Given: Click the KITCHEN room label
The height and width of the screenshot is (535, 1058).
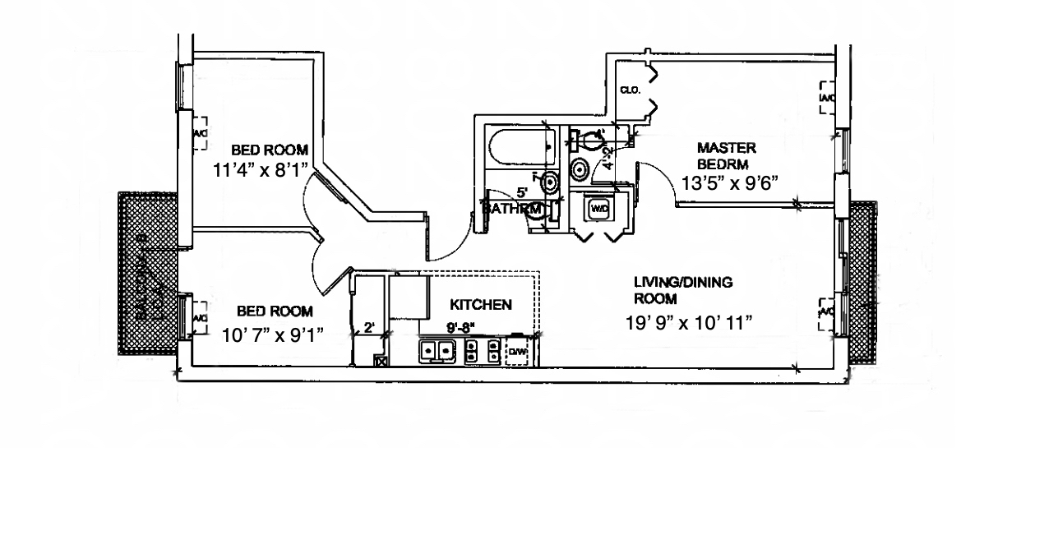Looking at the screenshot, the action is click(481, 305).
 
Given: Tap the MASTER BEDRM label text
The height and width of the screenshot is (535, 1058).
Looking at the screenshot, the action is click(726, 155).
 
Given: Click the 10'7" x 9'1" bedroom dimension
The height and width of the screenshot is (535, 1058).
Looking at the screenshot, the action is click(273, 334).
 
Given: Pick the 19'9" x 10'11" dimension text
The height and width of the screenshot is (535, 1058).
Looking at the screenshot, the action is click(689, 323).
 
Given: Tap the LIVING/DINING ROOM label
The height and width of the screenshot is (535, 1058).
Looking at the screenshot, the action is click(682, 290).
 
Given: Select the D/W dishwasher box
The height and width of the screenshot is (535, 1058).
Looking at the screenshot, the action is click(517, 353).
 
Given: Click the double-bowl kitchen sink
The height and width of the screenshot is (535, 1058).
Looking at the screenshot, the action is click(437, 352).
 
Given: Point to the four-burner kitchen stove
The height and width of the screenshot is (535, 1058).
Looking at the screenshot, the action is click(483, 352).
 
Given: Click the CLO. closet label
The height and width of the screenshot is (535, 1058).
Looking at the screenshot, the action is click(631, 90).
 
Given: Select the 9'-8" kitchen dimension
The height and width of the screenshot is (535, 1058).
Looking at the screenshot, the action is click(461, 327).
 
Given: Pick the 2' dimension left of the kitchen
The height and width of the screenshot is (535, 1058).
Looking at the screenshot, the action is click(369, 328).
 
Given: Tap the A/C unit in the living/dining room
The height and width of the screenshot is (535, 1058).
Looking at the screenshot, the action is click(825, 314).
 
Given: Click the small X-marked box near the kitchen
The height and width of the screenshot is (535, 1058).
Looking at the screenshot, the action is click(381, 360).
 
